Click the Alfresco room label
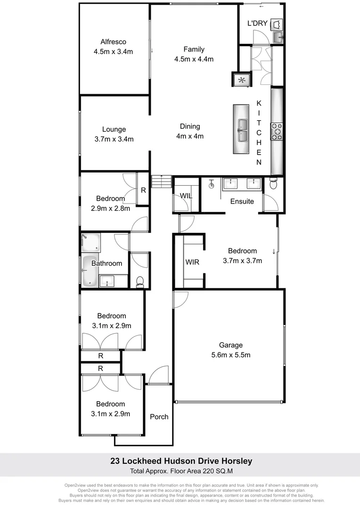113,41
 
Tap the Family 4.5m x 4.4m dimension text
194,59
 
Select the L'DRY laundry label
257,24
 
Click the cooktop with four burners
277,131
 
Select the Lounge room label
114,129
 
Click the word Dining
190,126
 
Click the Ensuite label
242,201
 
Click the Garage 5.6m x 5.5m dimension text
230,354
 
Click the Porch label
159,417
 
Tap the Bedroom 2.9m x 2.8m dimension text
111,208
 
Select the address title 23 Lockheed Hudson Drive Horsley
181,461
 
